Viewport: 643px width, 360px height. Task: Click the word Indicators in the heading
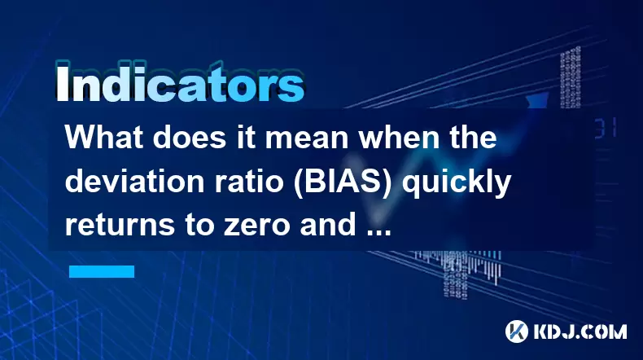click(x=180, y=83)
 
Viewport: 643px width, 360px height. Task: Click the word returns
click(x=120, y=226)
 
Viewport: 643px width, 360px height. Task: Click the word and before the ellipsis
click(x=327, y=226)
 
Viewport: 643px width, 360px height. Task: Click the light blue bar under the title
click(x=102, y=271)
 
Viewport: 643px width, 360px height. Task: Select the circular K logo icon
click(x=517, y=331)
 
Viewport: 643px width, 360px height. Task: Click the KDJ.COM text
click(x=580, y=331)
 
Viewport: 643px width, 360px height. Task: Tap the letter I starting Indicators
click(x=62, y=83)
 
